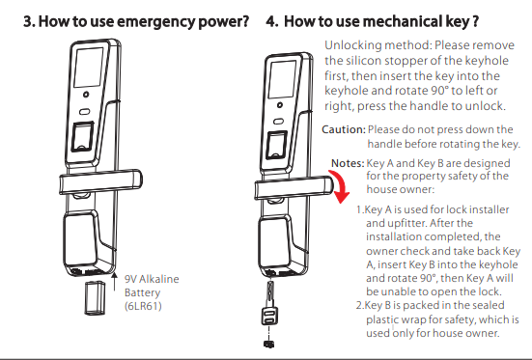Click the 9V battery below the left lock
95,297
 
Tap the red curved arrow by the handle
341,185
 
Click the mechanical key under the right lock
269,303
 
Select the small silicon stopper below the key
269,344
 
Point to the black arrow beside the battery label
115,281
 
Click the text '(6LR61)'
143,306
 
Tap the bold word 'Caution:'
344,129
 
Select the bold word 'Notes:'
348,163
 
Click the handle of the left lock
100,182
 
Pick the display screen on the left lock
89,67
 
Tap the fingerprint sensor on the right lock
276,145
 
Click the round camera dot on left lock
86,95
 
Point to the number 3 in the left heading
29,21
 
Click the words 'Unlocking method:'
378,45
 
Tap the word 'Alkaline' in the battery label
159,279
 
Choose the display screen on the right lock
281,80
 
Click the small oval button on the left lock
84,111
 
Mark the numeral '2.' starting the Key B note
360,305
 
